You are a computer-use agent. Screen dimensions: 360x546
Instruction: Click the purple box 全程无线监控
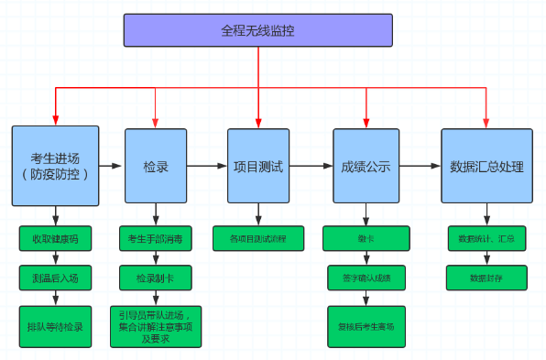[258, 30]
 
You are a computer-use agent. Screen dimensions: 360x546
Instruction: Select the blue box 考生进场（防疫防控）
[55, 166]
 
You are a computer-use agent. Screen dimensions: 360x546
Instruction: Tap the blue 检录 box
[155, 167]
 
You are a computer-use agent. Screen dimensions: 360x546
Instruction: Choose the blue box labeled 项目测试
[258, 167]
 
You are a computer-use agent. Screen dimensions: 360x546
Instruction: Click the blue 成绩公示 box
[366, 167]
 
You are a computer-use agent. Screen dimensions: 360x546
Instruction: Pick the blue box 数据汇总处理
[486, 167]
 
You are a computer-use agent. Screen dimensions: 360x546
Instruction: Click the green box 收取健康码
[55, 239]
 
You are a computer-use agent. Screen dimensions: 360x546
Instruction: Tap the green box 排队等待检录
[55, 326]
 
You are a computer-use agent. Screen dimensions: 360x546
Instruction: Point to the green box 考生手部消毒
[155, 239]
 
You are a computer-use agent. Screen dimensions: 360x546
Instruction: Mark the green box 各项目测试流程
[257, 239]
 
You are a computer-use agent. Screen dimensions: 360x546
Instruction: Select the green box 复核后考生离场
[366, 325]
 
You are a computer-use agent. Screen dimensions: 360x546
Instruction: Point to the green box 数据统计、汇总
[486, 239]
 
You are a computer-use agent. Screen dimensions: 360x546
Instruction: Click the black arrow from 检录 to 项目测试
[208, 167]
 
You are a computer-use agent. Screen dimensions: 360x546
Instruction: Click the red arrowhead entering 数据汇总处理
[486, 122]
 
